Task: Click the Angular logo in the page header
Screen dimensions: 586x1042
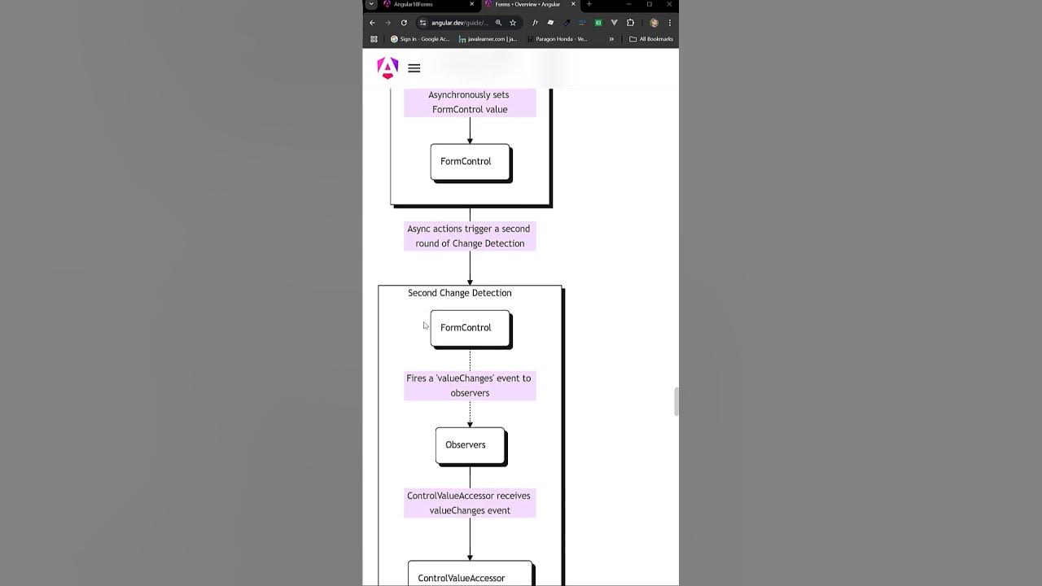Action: click(x=387, y=68)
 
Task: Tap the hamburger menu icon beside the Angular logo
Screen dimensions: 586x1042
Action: click(x=414, y=68)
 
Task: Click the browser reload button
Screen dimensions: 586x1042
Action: click(x=404, y=23)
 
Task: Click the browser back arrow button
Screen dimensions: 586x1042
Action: click(x=372, y=23)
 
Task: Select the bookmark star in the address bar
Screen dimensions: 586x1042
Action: click(x=513, y=23)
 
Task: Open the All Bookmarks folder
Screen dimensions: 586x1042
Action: click(x=651, y=39)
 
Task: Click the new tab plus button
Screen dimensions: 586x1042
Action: click(x=589, y=4)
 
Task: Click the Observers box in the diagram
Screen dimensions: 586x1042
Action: click(x=470, y=445)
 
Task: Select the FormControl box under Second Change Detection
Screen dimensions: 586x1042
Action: click(x=470, y=328)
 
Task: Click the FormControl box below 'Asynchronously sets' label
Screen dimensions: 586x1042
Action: click(x=470, y=162)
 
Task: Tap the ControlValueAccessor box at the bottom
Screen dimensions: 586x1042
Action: click(x=470, y=576)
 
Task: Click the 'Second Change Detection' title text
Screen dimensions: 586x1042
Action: click(x=459, y=293)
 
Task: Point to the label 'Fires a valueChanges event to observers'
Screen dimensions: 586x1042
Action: click(x=470, y=385)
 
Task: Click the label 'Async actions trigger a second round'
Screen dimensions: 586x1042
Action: click(x=470, y=236)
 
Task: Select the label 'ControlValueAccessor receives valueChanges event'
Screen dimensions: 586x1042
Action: click(x=470, y=503)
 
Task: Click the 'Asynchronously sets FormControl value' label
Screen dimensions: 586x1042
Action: click(x=470, y=102)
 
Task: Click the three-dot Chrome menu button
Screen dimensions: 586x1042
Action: click(x=670, y=23)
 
